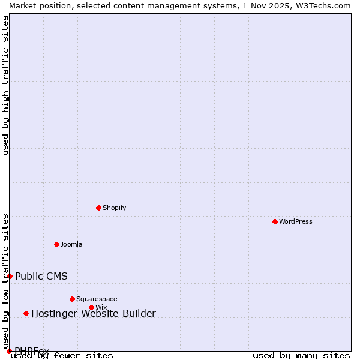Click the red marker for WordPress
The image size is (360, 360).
pos(275,221)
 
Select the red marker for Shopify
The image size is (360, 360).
pos(98,208)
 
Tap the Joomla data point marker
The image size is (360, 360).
pos(56,244)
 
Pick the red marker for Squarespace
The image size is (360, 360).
pos(72,299)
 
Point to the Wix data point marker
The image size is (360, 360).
pos(91,307)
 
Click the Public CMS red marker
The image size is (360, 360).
pos(10,276)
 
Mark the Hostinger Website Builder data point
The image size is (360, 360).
pos(26,313)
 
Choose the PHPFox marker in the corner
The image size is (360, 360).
pos(9,351)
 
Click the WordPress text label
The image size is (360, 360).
pos(296,221)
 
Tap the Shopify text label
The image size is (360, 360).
pos(115,208)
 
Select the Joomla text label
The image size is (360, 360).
pos(71,244)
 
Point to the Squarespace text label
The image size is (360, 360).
pos(97,299)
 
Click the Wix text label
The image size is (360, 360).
pos(101,307)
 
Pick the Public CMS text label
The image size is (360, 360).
pos(41,276)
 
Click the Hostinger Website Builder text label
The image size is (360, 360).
pos(94,313)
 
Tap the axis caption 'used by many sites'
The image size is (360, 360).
pos(301,356)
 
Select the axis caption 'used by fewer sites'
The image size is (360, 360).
pos(62,356)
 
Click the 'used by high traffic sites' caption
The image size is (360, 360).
pos(5,85)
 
